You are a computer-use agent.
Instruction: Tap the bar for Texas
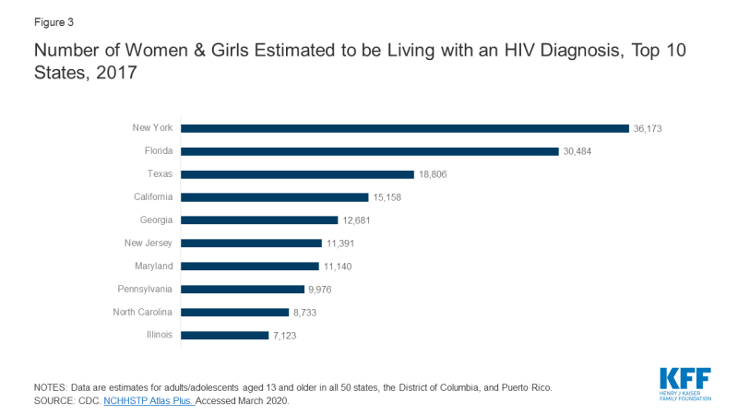pyautogui.click(x=297, y=173)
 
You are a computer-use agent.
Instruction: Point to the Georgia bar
pyautogui.click(x=259, y=219)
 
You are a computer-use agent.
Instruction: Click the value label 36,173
pyautogui.click(x=649, y=127)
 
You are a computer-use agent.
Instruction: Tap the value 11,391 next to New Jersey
pyautogui.click(x=340, y=243)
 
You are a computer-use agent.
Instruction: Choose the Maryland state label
pyautogui.click(x=153, y=267)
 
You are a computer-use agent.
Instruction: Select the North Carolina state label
pyautogui.click(x=141, y=313)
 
